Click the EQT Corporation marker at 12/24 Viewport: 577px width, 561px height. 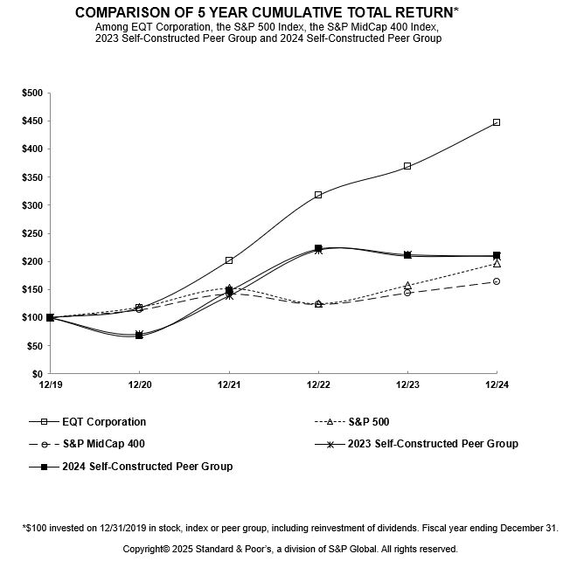click(496, 122)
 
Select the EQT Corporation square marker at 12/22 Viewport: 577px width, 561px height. click(317, 195)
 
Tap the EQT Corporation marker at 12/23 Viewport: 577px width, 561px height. click(407, 166)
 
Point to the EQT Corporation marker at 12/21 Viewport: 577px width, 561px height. click(228, 260)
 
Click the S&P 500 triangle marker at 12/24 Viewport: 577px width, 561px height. click(496, 263)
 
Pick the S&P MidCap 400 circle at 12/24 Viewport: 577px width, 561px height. click(496, 281)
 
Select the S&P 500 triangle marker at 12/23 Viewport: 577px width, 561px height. click(407, 286)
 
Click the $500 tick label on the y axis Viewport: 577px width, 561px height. click(31, 93)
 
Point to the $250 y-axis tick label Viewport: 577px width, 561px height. click(31, 233)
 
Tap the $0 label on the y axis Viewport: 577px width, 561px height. click(38, 374)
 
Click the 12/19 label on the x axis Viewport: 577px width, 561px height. click(50, 384)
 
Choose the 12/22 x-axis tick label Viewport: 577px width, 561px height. click(317, 384)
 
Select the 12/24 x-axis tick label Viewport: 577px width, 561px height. click(496, 384)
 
